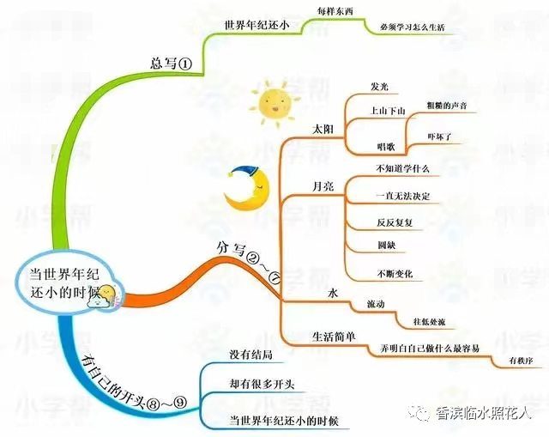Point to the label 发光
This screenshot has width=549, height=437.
click(x=379, y=87)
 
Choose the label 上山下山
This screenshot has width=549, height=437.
click(x=385, y=112)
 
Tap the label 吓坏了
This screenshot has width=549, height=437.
click(x=444, y=137)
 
